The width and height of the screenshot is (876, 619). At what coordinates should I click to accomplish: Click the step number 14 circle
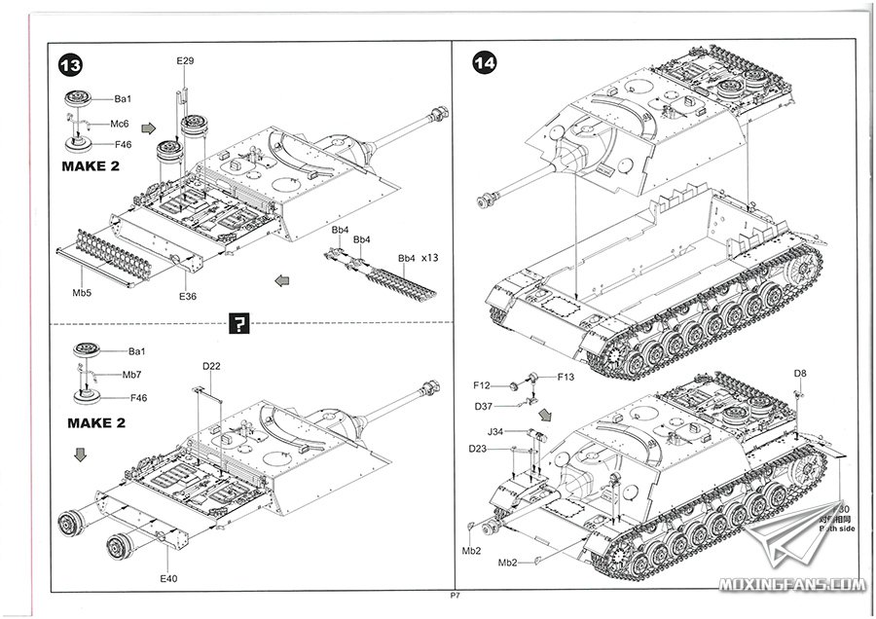pyautogui.click(x=484, y=64)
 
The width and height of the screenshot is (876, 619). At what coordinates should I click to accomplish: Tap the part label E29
pyautogui.click(x=186, y=62)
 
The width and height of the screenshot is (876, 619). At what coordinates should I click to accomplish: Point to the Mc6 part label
pyautogui.click(x=120, y=124)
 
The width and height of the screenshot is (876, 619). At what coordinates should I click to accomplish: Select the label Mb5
pyautogui.click(x=83, y=291)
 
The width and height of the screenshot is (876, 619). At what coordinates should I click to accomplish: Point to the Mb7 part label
pyautogui.click(x=131, y=374)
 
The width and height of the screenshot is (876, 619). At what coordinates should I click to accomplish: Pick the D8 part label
pyautogui.click(x=799, y=374)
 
